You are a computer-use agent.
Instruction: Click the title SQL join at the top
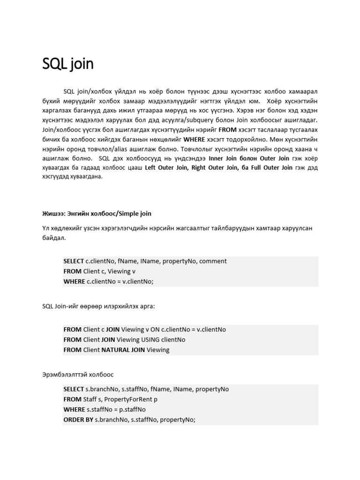pyautogui.click(x=68, y=64)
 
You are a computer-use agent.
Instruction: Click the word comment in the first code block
pyautogui.click(x=213, y=261)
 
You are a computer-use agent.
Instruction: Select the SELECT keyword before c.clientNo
pyautogui.click(x=74, y=261)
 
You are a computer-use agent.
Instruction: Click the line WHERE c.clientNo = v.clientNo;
pyautogui.click(x=108, y=281)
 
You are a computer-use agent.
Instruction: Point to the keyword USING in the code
pyautogui.click(x=152, y=339)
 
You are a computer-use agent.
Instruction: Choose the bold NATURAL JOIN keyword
pyautogui.click(x=123, y=350)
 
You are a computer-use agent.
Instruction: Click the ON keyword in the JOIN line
pyautogui.click(x=155, y=330)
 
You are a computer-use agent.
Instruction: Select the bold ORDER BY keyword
pyautogui.click(x=78, y=420)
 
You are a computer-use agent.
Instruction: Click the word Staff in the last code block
pyautogui.click(x=91, y=399)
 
